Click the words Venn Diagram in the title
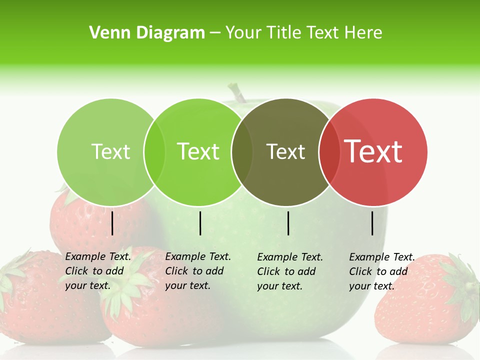tap(147, 33)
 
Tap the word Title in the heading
tap(285, 33)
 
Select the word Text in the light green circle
tap(111, 151)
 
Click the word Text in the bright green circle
tap(198, 151)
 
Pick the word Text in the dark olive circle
tap(285, 151)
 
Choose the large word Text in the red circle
tap(373, 151)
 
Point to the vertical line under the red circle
tap(372, 223)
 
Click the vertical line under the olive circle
tap(288, 223)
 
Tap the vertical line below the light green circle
tap(112, 223)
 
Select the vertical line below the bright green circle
tap(200, 223)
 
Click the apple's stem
tap(237, 93)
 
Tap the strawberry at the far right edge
tap(430, 300)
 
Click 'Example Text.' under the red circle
tap(382, 257)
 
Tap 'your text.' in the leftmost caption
tap(87, 286)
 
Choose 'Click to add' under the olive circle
tap(286, 271)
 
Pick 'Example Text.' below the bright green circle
tap(198, 257)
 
